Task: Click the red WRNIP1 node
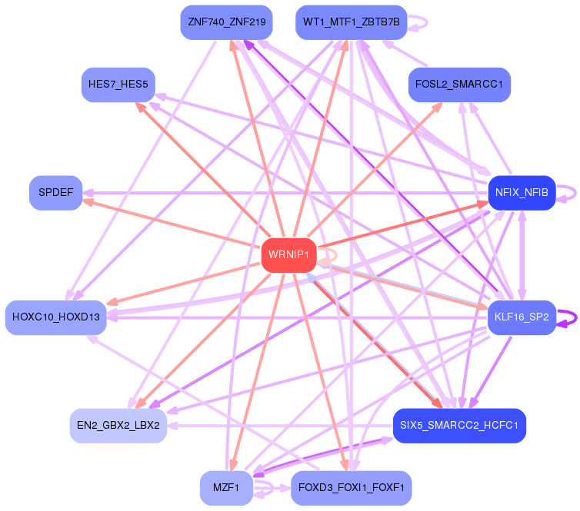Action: [x=289, y=254]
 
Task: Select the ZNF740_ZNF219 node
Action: [x=225, y=22]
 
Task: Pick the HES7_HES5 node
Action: [x=118, y=84]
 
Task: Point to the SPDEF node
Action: [x=55, y=192]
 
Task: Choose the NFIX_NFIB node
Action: [x=522, y=192]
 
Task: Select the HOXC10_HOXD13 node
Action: [x=55, y=317]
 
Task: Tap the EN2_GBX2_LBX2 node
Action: [x=118, y=425]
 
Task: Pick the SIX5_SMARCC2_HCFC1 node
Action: [x=458, y=425]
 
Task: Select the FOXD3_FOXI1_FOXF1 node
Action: [x=351, y=488]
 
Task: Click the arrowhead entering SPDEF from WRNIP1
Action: [x=87, y=202]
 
